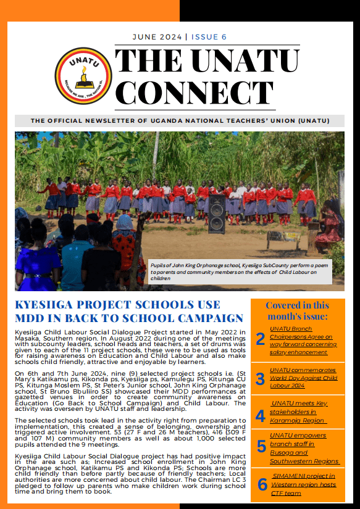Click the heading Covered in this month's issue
(x=297, y=311)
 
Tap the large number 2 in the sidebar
(x=261, y=338)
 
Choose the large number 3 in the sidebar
(x=261, y=379)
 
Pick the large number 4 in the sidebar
(x=261, y=415)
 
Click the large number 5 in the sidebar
(x=261, y=447)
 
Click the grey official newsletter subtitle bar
(x=180, y=121)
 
